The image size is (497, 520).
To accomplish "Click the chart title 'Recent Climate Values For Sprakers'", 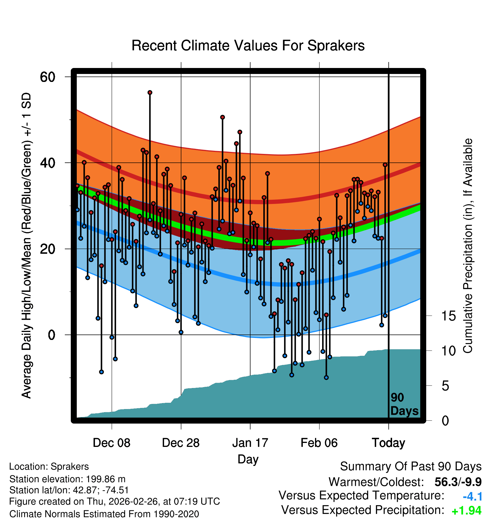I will [x=248, y=46].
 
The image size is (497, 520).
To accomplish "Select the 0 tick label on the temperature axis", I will [x=52, y=335].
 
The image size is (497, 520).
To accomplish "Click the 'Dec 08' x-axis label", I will [x=111, y=443].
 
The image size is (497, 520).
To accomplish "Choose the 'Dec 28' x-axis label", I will [x=181, y=443].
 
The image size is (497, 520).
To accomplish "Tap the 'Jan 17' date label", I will [x=250, y=443].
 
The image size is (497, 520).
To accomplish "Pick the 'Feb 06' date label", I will [x=319, y=443].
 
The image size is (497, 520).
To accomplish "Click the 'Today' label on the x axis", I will [x=388, y=443].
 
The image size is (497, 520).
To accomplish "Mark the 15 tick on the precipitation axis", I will [x=449, y=316].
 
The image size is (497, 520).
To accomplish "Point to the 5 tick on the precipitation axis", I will [x=445, y=386].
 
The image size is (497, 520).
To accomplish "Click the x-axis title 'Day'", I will [x=248, y=459].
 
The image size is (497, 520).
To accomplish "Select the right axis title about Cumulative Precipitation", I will [x=468, y=246].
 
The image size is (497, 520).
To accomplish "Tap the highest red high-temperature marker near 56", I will [x=150, y=92].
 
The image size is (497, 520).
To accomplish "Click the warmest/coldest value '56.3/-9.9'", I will [x=458, y=482].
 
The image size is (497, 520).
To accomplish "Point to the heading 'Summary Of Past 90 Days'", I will [x=411, y=467].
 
